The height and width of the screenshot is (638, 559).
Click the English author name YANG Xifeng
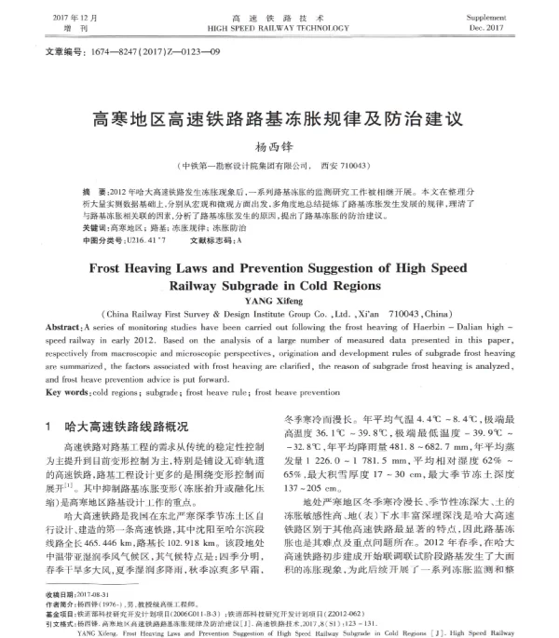tap(279, 300)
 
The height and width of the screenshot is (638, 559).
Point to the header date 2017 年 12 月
tap(76, 19)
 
